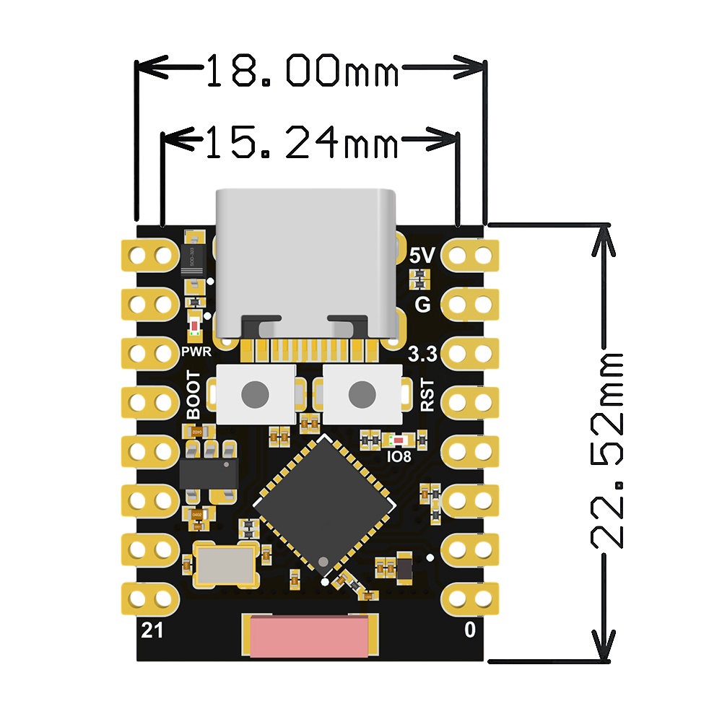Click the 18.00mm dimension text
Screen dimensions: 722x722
(x=302, y=71)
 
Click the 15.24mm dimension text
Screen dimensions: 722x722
(x=302, y=142)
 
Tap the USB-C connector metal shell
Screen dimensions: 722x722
(x=306, y=253)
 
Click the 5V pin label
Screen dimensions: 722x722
(x=422, y=256)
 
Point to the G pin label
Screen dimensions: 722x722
(x=423, y=305)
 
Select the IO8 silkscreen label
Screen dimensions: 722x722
(x=399, y=457)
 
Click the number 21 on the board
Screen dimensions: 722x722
(x=152, y=630)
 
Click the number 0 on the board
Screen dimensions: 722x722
(x=470, y=630)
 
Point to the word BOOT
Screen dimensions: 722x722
(x=193, y=395)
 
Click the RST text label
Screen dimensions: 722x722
(x=428, y=395)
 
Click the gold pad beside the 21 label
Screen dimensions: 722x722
(x=152, y=597)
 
